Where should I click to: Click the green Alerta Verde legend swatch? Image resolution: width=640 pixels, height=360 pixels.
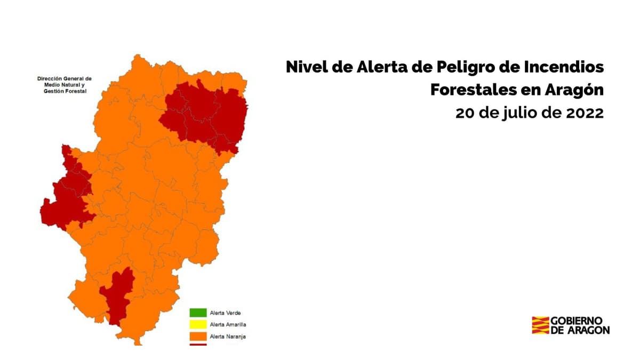pyautogui.click(x=198, y=313)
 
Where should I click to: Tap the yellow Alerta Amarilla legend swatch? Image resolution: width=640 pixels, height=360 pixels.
pyautogui.click(x=198, y=324)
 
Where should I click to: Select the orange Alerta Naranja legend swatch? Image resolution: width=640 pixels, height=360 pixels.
pyautogui.click(x=198, y=336)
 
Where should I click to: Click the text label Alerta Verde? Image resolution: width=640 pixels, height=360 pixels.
pyautogui.click(x=226, y=313)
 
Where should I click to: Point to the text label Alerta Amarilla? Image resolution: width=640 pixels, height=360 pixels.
pyautogui.click(x=228, y=325)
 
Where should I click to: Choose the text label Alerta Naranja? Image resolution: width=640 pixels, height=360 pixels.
pyautogui.click(x=228, y=337)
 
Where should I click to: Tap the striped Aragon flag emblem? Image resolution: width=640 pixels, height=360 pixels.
pyautogui.click(x=540, y=325)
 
